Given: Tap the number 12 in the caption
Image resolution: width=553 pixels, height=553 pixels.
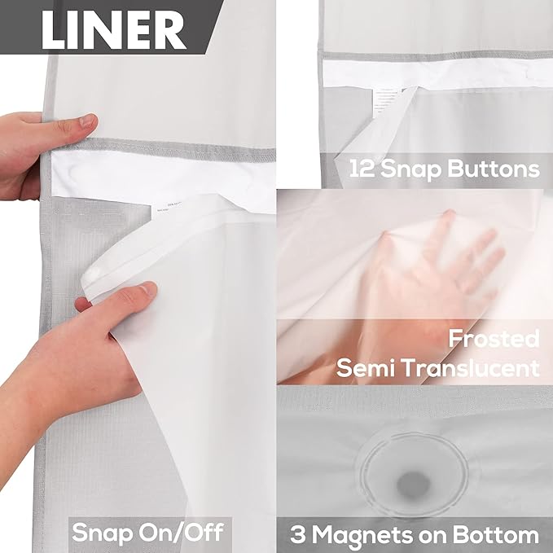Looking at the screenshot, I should click(x=363, y=169).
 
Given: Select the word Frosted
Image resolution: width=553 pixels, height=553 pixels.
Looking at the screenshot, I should click(x=494, y=337).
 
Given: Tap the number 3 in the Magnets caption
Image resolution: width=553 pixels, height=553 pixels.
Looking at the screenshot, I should click(x=299, y=535).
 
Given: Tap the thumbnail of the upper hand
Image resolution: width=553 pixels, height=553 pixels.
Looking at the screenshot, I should click(x=86, y=122).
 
